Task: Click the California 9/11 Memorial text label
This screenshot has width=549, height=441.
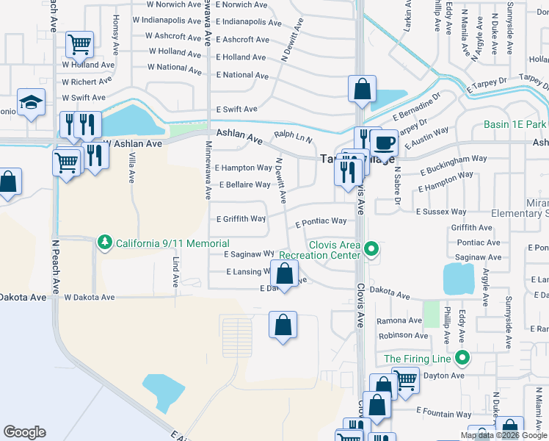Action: tap(172, 243)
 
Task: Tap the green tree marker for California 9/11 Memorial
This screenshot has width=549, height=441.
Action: tap(105, 243)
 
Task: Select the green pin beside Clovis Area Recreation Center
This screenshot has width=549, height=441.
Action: tap(372, 248)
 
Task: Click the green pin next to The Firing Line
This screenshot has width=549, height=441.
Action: tap(462, 359)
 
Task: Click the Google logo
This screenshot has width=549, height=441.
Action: tap(24, 432)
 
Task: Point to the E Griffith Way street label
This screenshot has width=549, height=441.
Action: tap(241, 219)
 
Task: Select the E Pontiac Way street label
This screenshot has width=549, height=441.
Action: tap(321, 221)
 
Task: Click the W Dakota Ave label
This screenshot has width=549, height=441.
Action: tap(90, 298)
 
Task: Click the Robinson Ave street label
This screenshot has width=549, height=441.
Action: tap(403, 335)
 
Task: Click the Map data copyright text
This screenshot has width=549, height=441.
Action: tap(503, 435)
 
